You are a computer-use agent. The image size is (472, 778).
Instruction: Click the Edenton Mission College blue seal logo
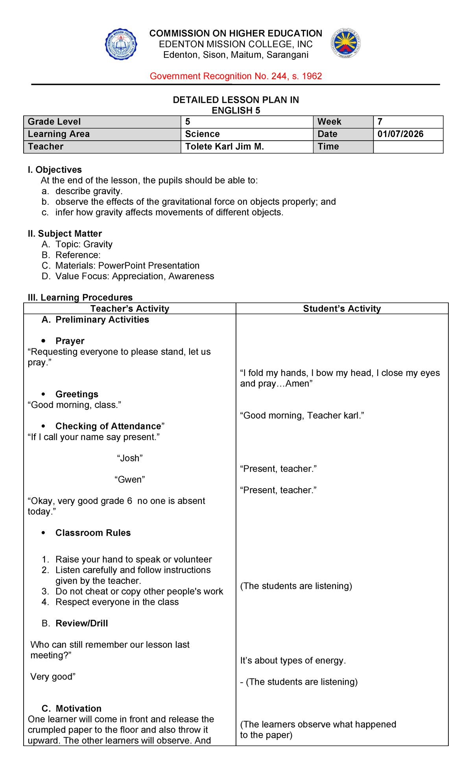[121, 44]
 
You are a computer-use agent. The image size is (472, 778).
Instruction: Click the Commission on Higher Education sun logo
[345, 43]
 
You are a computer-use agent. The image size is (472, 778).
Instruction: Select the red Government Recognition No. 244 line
[236, 76]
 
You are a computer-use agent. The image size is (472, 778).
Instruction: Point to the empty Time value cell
[408, 147]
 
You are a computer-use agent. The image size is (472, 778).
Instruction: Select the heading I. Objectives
[55, 170]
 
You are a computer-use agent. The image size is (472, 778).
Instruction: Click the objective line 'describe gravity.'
[89, 191]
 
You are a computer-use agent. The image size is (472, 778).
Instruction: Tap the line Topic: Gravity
[84, 245]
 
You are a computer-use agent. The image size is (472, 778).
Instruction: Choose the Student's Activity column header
[342, 309]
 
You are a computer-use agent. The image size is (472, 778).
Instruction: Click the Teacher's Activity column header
[130, 309]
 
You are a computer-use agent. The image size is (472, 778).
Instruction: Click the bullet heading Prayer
[70, 341]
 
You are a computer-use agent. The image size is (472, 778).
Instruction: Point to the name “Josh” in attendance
[130, 458]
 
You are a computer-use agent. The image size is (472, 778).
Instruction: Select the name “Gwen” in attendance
[130, 480]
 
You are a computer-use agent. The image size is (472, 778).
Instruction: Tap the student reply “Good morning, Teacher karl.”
[302, 416]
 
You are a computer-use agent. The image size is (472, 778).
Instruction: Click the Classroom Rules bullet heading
[93, 533]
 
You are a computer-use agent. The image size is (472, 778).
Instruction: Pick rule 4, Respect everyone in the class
[117, 602]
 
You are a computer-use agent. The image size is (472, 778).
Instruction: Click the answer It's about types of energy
[293, 661]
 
